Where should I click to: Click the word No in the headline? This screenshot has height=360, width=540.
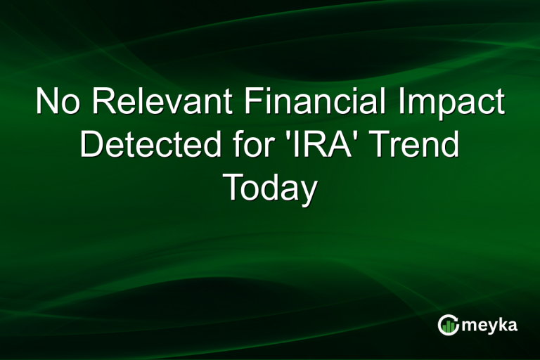pos(58,103)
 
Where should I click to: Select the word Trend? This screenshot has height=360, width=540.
pos(416,146)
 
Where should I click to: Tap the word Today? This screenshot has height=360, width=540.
pos(270,188)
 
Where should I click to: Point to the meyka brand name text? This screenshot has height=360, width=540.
pos(489,326)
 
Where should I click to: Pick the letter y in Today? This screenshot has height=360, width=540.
pos(306,191)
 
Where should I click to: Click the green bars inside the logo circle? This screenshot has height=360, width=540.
pos(449,326)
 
